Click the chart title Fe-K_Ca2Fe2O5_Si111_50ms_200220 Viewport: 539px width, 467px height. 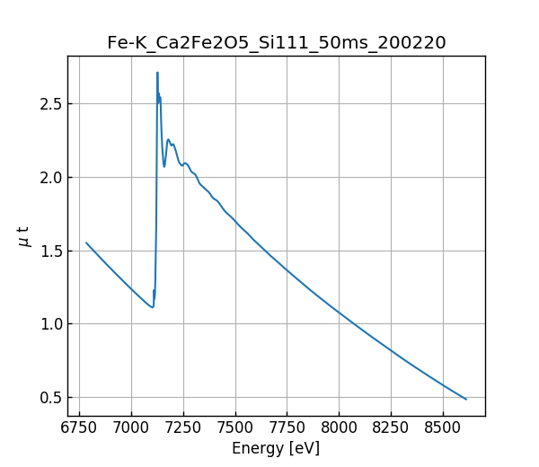click(x=276, y=42)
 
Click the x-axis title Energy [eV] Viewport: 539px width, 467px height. click(x=276, y=448)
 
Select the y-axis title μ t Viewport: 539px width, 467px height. click(x=24, y=236)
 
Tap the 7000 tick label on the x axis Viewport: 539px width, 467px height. click(x=131, y=429)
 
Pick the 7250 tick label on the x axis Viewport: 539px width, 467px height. click(x=183, y=429)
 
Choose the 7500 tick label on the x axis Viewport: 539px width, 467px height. click(x=235, y=429)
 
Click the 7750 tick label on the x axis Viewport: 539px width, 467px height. click(x=287, y=429)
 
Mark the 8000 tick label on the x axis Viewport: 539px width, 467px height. click(x=340, y=429)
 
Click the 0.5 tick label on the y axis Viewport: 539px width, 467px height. click(x=50, y=398)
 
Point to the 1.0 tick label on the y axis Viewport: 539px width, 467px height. click(x=50, y=324)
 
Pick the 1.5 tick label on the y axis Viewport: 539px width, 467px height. click(x=50, y=251)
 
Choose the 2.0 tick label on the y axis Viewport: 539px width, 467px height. click(x=50, y=177)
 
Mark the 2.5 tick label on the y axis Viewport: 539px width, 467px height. click(x=50, y=103)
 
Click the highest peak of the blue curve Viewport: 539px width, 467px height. click(x=157, y=73)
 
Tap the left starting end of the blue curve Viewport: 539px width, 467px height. click(x=86, y=242)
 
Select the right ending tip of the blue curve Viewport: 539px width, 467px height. click(x=466, y=399)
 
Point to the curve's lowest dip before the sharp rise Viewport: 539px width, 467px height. click(x=152, y=307)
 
